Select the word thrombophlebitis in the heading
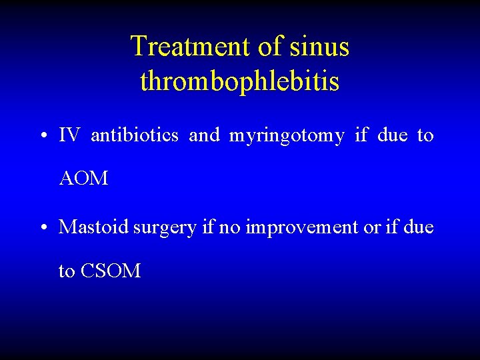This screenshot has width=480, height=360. [x=240, y=81]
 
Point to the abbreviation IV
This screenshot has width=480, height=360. [x=69, y=136]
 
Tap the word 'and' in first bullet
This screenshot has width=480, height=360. [x=204, y=136]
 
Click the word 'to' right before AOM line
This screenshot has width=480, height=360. [x=425, y=136]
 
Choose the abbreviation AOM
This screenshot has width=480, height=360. [x=83, y=179]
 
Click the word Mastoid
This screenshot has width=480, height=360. [x=94, y=227]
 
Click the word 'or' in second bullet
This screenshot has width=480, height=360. [x=370, y=228]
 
